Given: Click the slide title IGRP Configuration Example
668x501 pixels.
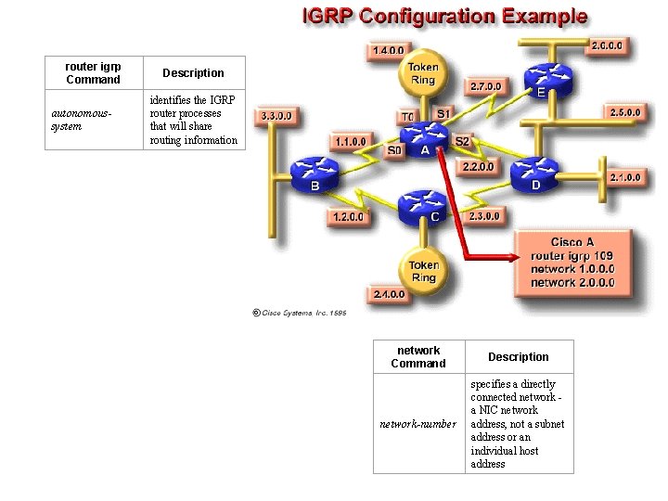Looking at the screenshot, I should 443,16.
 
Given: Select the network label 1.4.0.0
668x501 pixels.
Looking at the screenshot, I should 389,49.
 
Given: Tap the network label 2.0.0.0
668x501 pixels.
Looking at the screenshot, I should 608,44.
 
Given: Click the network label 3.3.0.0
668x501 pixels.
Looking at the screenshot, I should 276,116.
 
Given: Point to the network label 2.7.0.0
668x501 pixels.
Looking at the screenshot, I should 486,86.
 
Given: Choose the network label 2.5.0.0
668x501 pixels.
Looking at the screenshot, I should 625,112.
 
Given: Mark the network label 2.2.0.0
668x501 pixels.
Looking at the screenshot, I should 479,167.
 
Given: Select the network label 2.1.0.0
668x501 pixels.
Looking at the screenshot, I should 624,176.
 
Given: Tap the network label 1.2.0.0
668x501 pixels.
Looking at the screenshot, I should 348,217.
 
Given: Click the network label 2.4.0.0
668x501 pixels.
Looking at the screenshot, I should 389,294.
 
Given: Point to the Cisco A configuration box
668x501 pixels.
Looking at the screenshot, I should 572,262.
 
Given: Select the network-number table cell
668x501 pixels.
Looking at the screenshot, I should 418,424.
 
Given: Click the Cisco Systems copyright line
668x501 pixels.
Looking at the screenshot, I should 300,314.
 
